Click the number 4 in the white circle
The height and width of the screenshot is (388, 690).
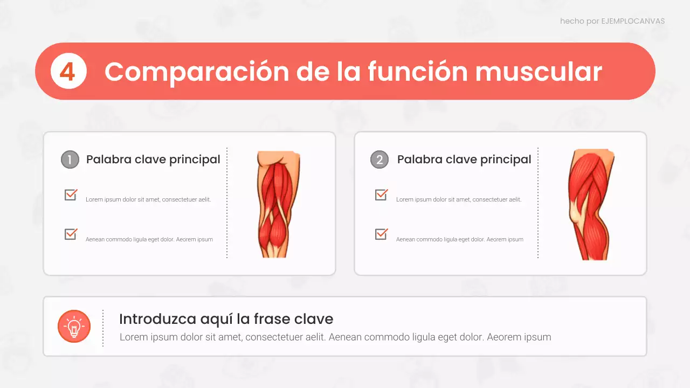point(68,71)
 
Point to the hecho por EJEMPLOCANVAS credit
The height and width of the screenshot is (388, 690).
point(612,22)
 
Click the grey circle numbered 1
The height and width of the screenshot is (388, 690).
point(70,160)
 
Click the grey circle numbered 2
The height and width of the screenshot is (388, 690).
point(379,160)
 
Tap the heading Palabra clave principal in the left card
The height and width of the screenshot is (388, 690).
point(153,160)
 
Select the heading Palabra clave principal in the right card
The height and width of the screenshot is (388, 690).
point(464,160)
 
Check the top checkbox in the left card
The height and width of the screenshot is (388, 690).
point(71,195)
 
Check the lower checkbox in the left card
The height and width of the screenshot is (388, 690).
point(71,234)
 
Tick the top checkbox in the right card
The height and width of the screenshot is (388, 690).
point(381,195)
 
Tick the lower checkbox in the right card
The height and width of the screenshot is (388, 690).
point(381,234)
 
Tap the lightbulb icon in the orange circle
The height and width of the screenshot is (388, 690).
point(74,326)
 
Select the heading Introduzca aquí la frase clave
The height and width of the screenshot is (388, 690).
point(226,318)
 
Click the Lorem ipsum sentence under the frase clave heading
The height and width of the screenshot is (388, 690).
point(335,337)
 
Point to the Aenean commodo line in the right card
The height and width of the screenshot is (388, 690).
point(459,239)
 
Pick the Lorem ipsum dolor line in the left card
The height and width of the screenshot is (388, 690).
point(148,199)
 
